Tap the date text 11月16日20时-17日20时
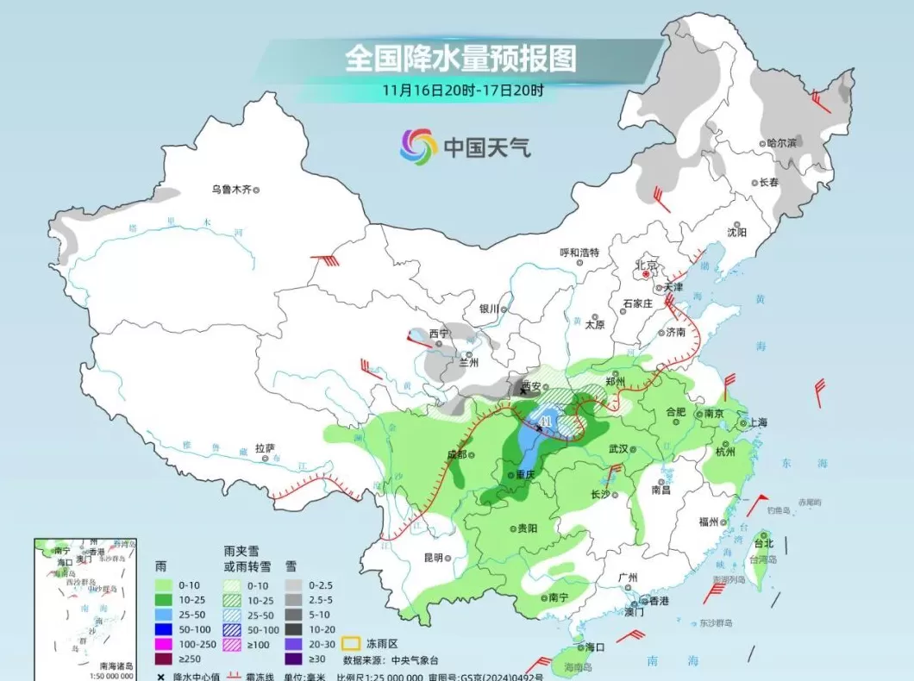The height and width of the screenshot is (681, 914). (464, 90)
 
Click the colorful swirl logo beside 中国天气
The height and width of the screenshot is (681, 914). (418, 147)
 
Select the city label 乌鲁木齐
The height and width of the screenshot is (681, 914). (231, 190)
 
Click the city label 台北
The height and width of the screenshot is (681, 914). (764, 544)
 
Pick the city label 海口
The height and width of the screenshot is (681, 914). (594, 647)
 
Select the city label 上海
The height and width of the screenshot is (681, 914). (757, 422)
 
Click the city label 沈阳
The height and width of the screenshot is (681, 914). (736, 232)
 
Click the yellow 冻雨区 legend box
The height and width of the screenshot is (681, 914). (350, 643)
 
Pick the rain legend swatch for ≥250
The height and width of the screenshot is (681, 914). (161, 659)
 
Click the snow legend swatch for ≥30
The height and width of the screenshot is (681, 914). (295, 659)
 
